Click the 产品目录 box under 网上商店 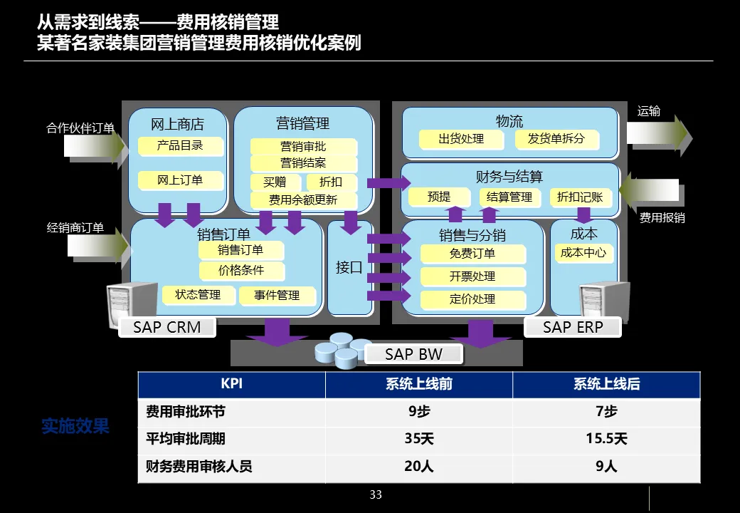click(x=180, y=145)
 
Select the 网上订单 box click(x=180, y=180)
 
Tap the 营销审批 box click(x=303, y=147)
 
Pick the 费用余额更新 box click(x=303, y=200)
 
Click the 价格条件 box click(x=240, y=271)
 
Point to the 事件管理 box click(x=277, y=295)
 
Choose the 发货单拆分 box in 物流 click(x=556, y=139)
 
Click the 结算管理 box click(x=509, y=197)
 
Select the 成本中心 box click(x=583, y=253)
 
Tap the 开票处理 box click(x=472, y=276)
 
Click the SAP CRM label click(x=167, y=328)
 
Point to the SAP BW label click(x=413, y=354)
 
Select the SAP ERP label click(x=573, y=328)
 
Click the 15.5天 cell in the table click(x=606, y=439)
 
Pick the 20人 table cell click(x=418, y=467)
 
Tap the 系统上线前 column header click(x=418, y=384)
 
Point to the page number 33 click(x=376, y=495)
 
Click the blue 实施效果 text click(x=75, y=427)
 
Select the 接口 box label click(x=349, y=268)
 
